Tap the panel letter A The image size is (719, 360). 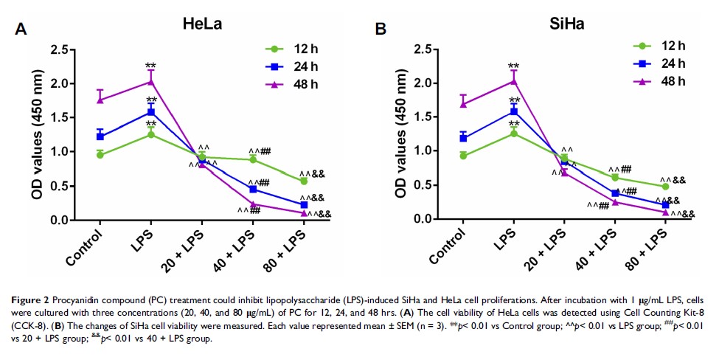click(21, 30)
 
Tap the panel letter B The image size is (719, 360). click(381, 30)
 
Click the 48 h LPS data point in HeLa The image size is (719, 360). click(150, 81)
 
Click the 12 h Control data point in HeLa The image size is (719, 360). click(100, 155)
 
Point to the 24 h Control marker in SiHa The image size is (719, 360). click(463, 138)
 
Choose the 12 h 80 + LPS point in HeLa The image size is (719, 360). click(303, 181)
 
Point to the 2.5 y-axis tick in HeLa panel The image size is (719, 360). click(66, 49)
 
